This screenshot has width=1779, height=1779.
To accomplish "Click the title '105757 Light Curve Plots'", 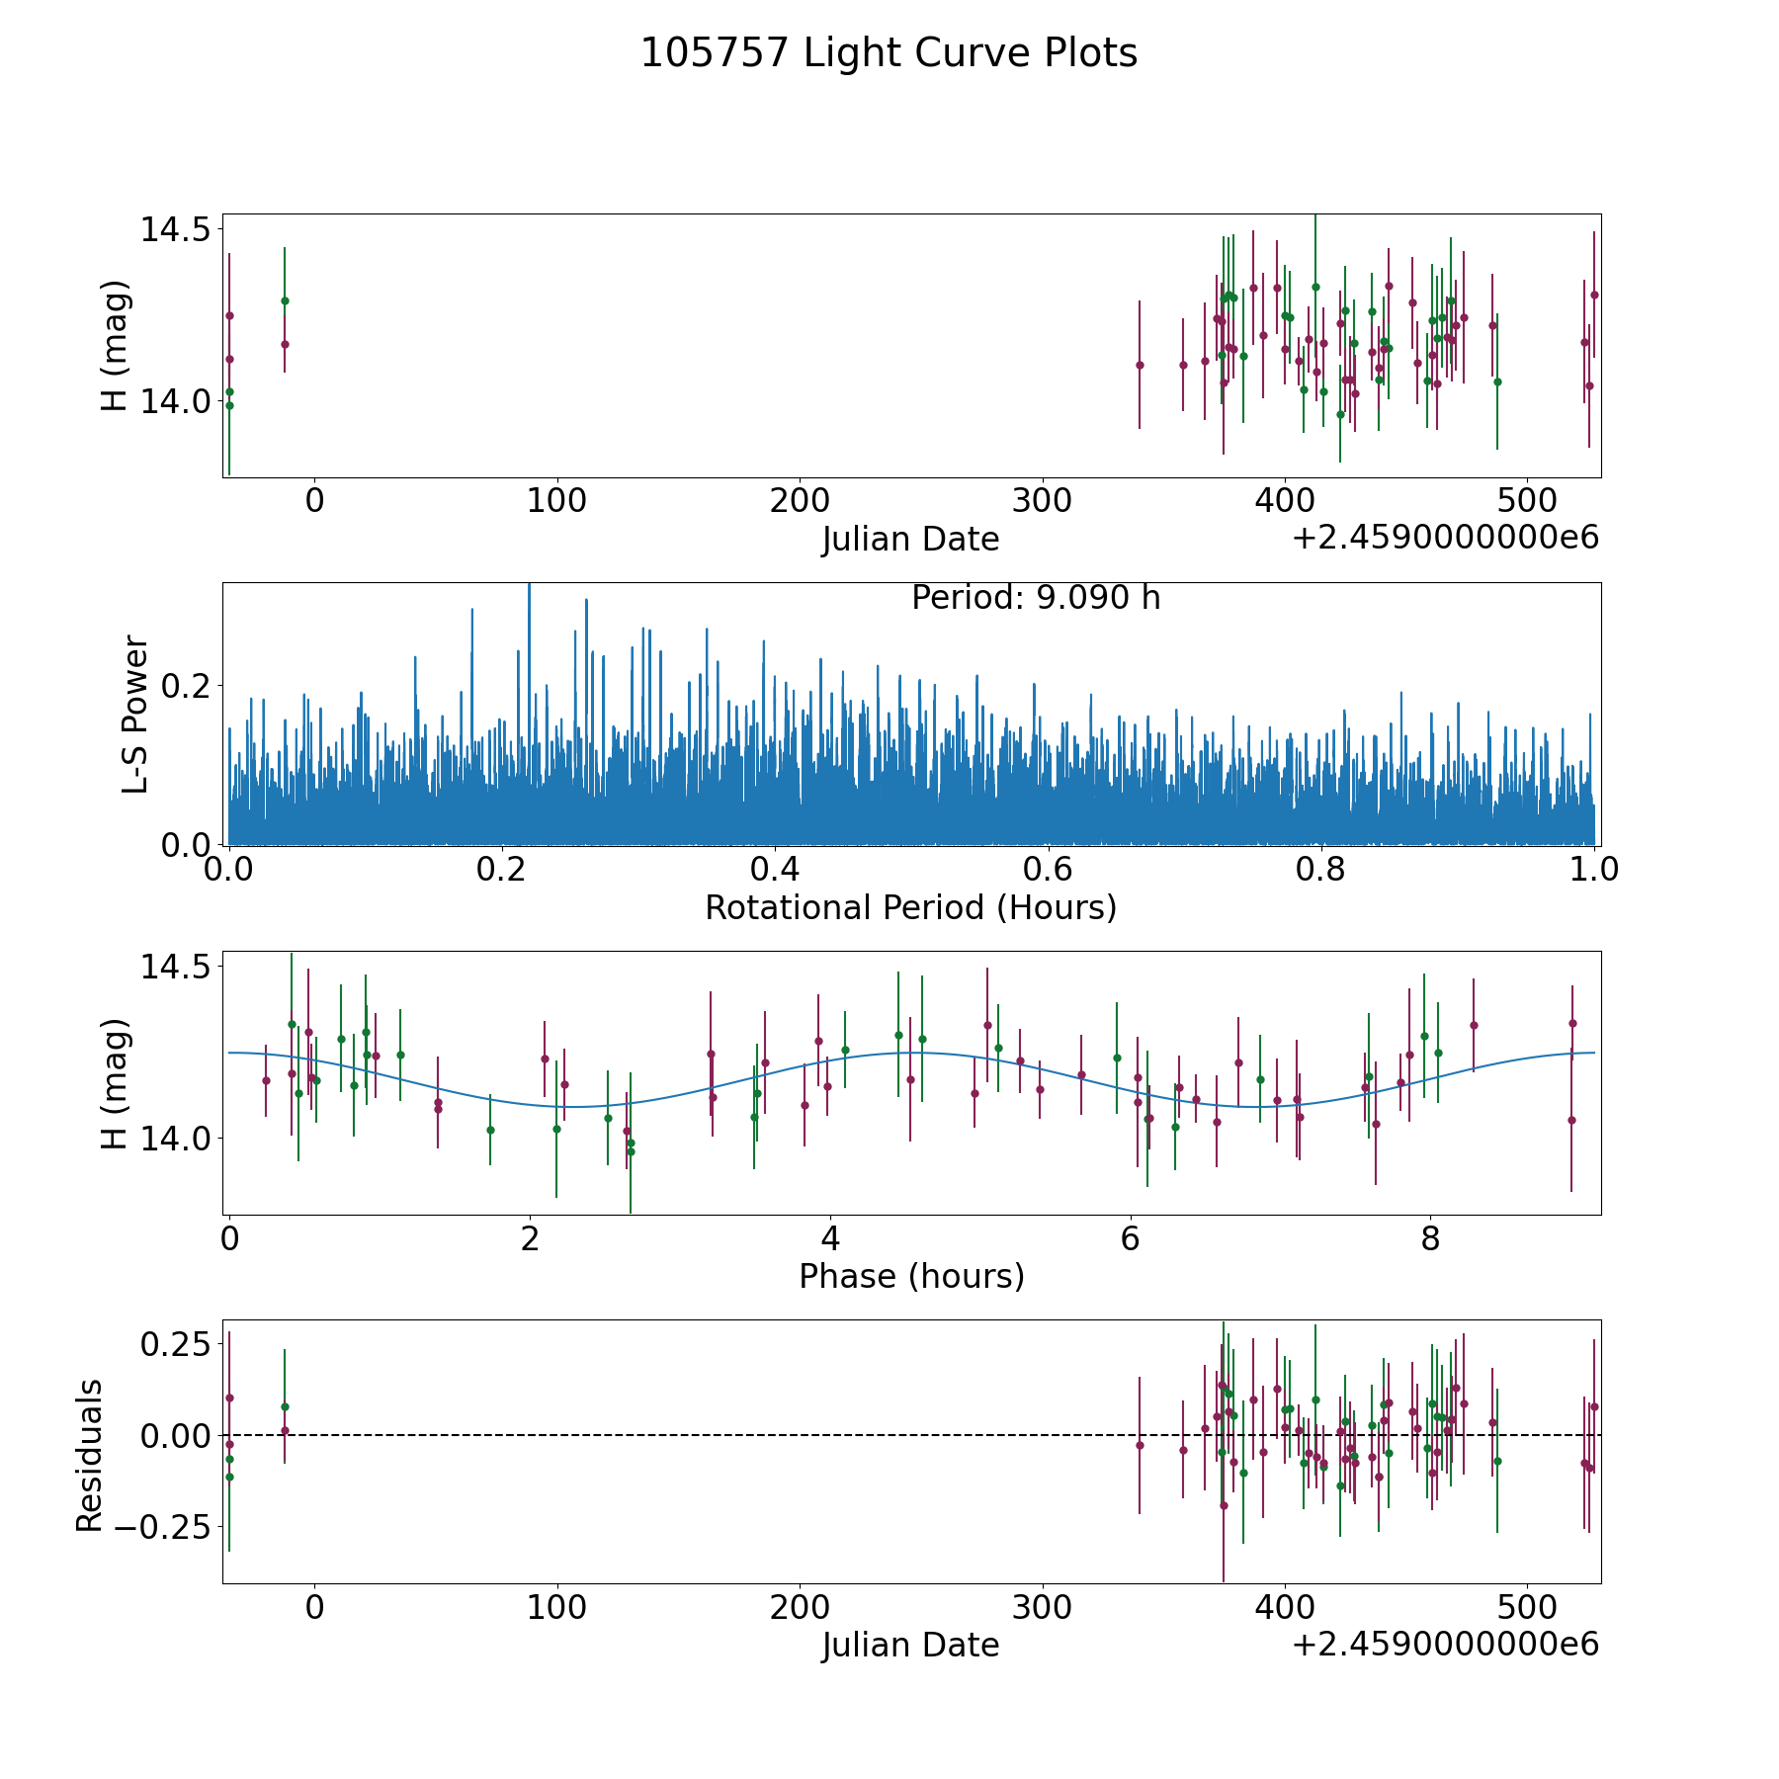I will (889, 53).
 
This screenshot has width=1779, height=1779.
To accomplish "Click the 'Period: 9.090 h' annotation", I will (1035, 598).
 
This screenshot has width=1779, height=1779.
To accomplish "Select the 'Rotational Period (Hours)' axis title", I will (910, 907).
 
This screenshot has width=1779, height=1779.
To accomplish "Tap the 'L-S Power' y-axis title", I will (135, 714).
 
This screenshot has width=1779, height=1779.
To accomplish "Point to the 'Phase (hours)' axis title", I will (911, 1276).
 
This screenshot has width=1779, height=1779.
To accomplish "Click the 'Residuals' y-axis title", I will (90, 1455).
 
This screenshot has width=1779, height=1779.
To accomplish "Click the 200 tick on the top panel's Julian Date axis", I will (799, 501).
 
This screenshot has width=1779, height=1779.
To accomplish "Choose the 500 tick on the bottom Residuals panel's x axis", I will (1527, 1607).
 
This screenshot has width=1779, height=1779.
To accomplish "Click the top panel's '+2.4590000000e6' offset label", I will (1445, 538).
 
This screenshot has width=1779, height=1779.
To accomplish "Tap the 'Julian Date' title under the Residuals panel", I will (910, 1645).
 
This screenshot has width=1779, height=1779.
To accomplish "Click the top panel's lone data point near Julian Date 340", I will (1140, 365).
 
